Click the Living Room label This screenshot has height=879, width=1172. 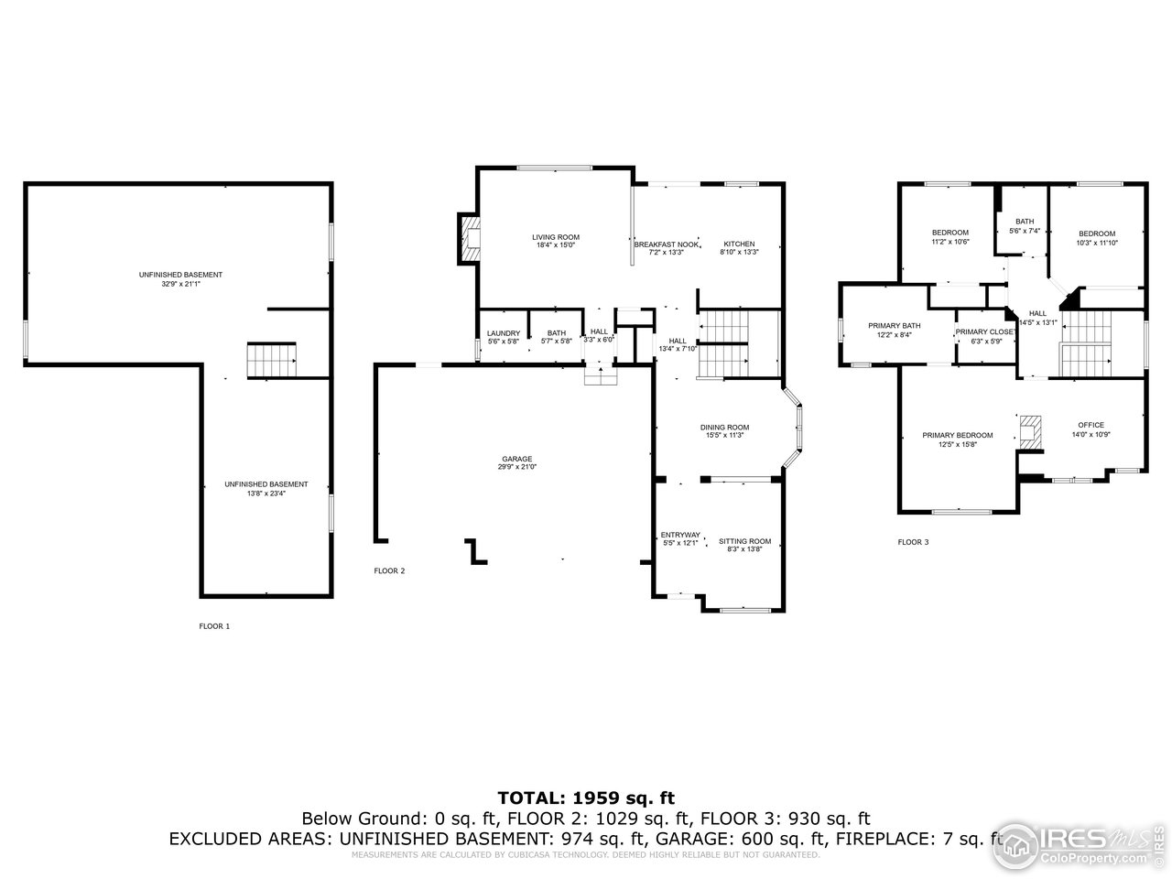pyautogui.click(x=556, y=237)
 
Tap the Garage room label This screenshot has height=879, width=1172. pyautogui.click(x=516, y=460)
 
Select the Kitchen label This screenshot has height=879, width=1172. pyautogui.click(x=739, y=244)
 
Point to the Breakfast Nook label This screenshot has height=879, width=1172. pyautogui.click(x=667, y=244)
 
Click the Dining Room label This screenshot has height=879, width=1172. pyautogui.click(x=724, y=428)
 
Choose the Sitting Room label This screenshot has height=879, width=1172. pyautogui.click(x=744, y=541)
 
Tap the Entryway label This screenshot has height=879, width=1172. pyautogui.click(x=680, y=536)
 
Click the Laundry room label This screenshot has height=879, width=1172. pyautogui.click(x=504, y=333)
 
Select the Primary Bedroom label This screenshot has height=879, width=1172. pyautogui.click(x=957, y=436)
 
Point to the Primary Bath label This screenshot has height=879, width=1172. pyautogui.click(x=895, y=326)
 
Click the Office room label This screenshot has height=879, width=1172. pyautogui.click(x=1091, y=425)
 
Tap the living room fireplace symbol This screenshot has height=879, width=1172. pyautogui.click(x=470, y=238)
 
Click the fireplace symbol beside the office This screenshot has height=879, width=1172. pyautogui.click(x=1030, y=431)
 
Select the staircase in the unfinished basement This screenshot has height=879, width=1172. pyautogui.click(x=272, y=361)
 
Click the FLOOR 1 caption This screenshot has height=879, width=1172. pyautogui.click(x=214, y=626)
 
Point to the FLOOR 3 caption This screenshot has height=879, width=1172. pyautogui.click(x=912, y=542)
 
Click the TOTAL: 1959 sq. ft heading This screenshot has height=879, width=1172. pyautogui.click(x=586, y=798)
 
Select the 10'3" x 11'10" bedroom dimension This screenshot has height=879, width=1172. pyautogui.click(x=1096, y=243)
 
